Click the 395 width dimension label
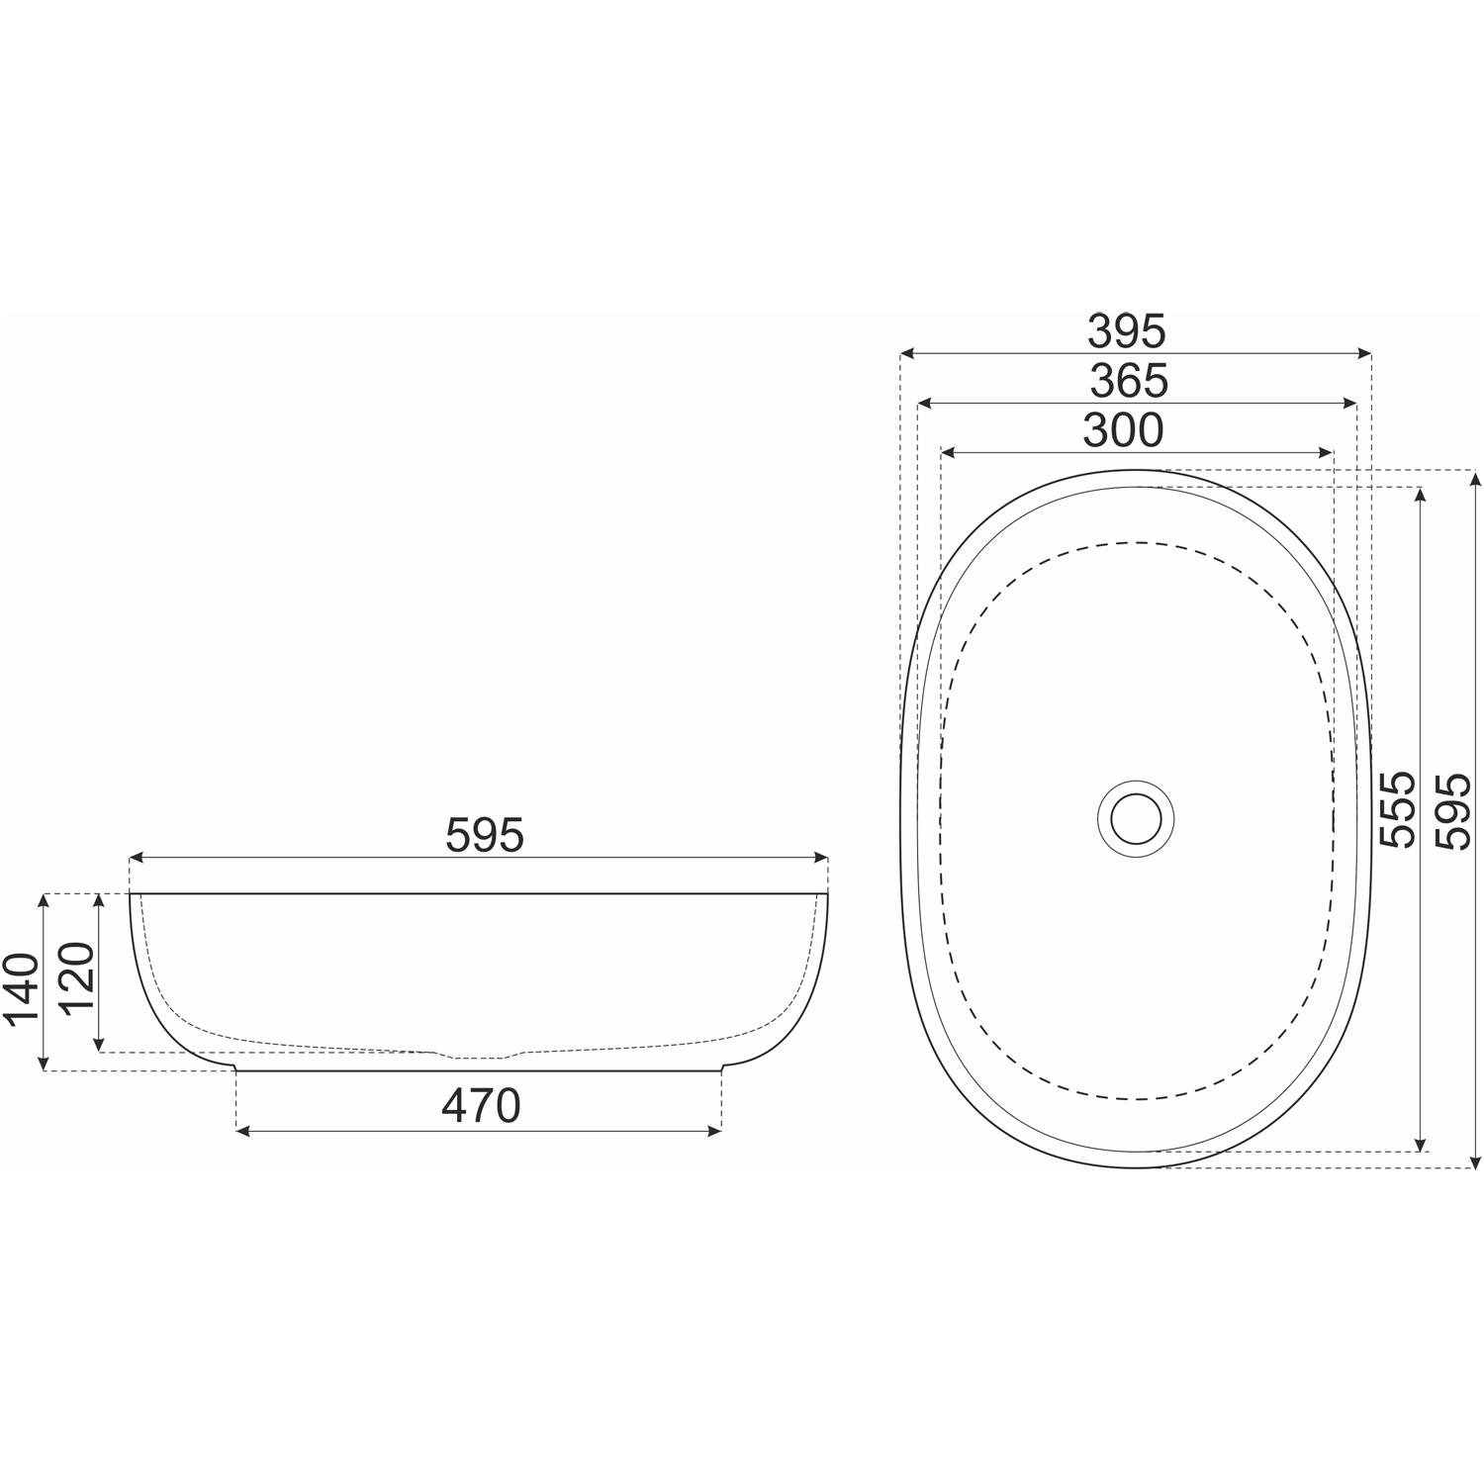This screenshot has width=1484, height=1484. [1127, 331]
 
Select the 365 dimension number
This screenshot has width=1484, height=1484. [1129, 381]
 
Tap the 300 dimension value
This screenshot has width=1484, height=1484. [1123, 430]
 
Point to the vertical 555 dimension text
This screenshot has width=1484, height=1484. [1399, 809]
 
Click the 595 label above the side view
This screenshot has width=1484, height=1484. [484, 836]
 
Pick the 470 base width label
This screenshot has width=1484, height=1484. [481, 1106]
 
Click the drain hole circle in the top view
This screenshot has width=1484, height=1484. [1135, 818]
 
